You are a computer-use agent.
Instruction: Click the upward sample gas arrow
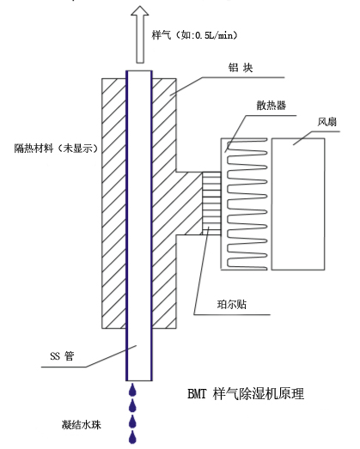140,34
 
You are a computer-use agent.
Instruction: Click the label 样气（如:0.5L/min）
195,35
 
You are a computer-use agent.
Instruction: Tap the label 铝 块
241,68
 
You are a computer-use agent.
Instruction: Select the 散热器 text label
271,106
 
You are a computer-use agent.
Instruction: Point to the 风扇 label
327,122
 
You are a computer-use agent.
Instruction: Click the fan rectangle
298,204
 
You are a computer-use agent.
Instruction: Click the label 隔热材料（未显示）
57,149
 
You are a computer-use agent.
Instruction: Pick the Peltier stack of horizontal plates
211,203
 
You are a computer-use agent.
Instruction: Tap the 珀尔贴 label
232,304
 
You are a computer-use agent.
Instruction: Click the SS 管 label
62,356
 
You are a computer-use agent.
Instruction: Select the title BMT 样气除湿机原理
246,393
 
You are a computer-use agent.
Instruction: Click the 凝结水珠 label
82,425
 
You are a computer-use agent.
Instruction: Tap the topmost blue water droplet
132,390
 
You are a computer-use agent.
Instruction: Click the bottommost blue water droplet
132,437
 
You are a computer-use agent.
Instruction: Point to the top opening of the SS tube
139,71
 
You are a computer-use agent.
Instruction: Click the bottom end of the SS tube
139,380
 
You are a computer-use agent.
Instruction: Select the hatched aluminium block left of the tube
114,203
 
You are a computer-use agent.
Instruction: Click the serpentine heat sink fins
247,204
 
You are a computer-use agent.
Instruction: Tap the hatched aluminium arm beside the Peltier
189,203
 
